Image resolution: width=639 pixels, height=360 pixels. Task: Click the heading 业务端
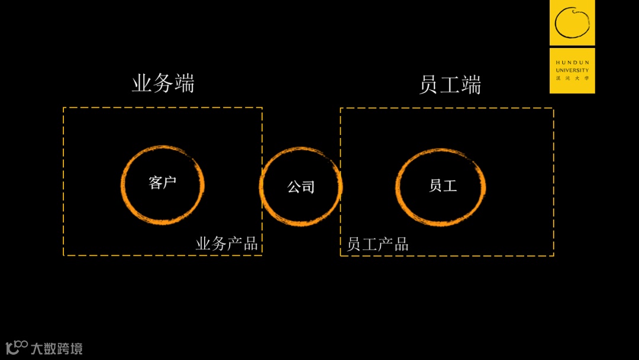pyautogui.click(x=163, y=83)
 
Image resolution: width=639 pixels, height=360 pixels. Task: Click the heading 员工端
pyautogui.click(x=450, y=85)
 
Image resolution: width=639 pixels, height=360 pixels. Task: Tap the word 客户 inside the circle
pyautogui.click(x=163, y=182)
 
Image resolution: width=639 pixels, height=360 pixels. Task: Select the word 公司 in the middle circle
pyautogui.click(x=301, y=187)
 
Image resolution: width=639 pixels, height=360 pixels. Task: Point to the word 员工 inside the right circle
pyautogui.click(x=443, y=185)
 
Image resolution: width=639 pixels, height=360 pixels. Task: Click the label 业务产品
pyautogui.click(x=227, y=244)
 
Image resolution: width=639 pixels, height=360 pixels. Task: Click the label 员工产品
pyautogui.click(x=377, y=244)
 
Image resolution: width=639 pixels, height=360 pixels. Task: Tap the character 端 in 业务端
pyautogui.click(x=184, y=83)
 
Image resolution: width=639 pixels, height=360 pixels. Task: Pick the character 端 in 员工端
pyautogui.click(x=471, y=85)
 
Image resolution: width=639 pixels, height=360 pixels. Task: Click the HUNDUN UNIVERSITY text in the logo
pyautogui.click(x=572, y=66)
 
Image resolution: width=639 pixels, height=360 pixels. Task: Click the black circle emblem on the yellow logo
pyautogui.click(x=572, y=22)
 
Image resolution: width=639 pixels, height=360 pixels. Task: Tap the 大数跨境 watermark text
pyautogui.click(x=57, y=348)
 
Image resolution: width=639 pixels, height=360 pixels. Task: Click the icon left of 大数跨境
pyautogui.click(x=17, y=347)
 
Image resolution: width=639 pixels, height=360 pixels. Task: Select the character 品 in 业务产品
pyautogui.click(x=250, y=244)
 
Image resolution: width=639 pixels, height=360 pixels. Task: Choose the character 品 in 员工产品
pyautogui.click(x=401, y=244)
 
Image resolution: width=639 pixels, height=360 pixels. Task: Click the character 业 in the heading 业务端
pyautogui.click(x=142, y=83)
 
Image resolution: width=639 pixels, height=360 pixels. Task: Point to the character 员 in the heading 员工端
pyautogui.click(x=429, y=85)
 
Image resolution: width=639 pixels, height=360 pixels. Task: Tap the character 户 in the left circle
pyautogui.click(x=170, y=182)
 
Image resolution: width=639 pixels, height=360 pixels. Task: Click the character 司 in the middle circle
pyautogui.click(x=308, y=187)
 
